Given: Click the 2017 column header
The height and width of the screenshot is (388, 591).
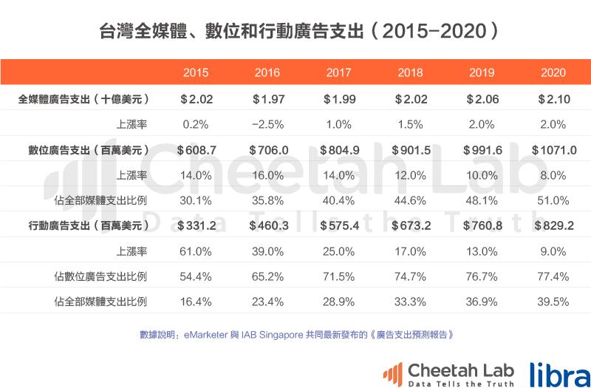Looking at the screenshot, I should coord(338,72).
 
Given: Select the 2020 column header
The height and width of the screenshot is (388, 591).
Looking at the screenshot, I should coord(553,72).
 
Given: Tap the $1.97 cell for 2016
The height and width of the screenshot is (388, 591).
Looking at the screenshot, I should coord(267,98).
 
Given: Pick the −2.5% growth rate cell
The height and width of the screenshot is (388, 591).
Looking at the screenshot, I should coord(267,123).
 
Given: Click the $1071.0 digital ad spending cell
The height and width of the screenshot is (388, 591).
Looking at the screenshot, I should coord(553,149).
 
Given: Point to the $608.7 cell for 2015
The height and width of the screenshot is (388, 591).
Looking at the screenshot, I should coord(196,149).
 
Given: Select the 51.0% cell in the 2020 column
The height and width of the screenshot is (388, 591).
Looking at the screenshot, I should coord(553,200).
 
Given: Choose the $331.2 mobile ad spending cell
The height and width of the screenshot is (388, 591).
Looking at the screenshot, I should coord(196,225).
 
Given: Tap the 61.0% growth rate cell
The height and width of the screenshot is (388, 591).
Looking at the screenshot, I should coord(196,251).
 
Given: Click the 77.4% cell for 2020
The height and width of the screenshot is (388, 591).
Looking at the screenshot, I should coord(553,276).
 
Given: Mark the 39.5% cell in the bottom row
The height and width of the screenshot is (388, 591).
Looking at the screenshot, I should coord(553,302).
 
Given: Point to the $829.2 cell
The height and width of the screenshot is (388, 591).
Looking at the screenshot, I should coord(553,225).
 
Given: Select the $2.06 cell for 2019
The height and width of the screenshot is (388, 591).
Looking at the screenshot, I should coord(482,98).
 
